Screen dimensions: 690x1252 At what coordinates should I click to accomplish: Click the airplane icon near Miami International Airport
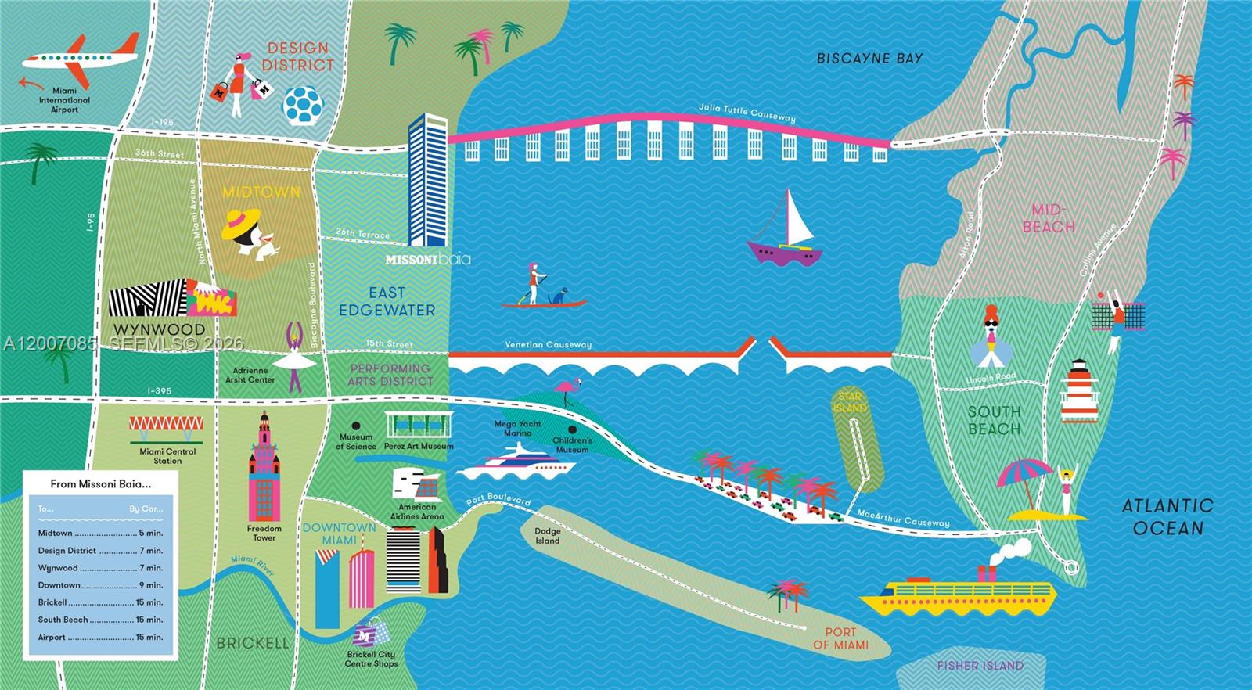click(x=78, y=59)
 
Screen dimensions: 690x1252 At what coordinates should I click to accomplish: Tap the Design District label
click(x=297, y=57)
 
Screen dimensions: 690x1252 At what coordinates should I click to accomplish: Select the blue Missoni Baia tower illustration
click(x=427, y=180)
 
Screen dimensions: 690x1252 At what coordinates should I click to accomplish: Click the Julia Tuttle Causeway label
click(x=747, y=113)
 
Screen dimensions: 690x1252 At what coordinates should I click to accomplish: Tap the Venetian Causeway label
click(x=548, y=344)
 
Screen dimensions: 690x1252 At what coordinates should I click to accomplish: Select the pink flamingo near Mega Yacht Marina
click(x=567, y=391)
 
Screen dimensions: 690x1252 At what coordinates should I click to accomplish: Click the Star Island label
click(x=850, y=402)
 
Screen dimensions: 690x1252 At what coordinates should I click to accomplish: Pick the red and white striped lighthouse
click(x=1080, y=391)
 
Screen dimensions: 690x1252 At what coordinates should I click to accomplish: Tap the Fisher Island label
click(x=980, y=666)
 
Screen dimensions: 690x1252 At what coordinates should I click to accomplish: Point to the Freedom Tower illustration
click(x=264, y=469)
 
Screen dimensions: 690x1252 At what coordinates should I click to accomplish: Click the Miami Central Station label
click(x=167, y=456)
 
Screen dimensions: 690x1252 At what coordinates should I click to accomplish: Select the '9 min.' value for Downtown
click(x=151, y=585)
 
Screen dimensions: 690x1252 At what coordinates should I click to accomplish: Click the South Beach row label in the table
click(x=63, y=620)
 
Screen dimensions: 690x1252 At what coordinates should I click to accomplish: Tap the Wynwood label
click(x=159, y=329)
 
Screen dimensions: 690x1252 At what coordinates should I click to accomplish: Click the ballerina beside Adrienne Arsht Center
click(x=295, y=357)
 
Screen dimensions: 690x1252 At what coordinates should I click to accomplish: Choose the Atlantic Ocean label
click(x=1167, y=516)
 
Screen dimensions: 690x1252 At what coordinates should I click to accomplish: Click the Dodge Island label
click(x=547, y=536)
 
